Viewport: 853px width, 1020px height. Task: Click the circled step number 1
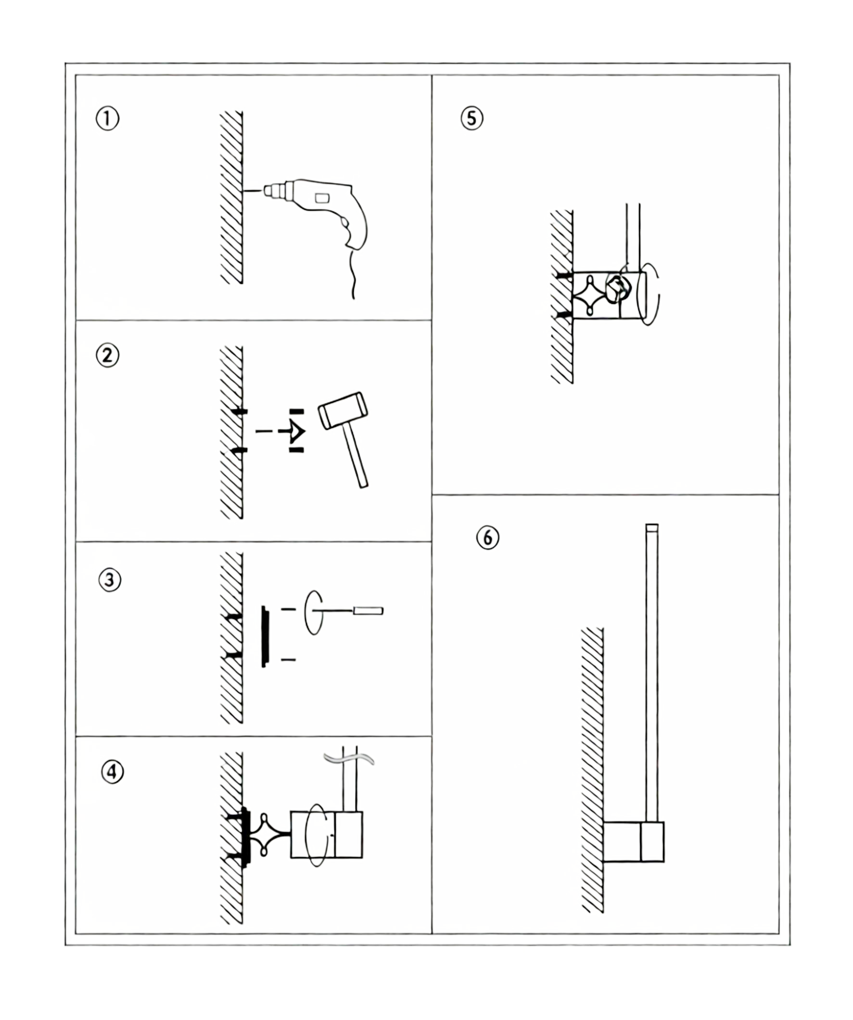click(107, 119)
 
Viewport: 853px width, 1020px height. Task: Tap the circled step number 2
click(108, 356)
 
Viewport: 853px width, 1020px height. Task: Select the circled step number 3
click(110, 580)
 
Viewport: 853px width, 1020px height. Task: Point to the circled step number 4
click(112, 771)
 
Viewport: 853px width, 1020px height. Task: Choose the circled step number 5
click(471, 119)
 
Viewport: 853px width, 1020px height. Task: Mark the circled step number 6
click(488, 538)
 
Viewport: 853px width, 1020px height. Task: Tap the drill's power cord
click(353, 277)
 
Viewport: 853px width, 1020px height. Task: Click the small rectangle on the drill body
click(321, 198)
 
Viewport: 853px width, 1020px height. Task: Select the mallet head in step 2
click(343, 410)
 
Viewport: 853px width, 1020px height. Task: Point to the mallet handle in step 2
click(356, 457)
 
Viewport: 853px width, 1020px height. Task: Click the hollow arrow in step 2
click(295, 431)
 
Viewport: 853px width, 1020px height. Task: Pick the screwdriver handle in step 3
click(368, 611)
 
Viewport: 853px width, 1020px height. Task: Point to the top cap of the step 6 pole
click(651, 527)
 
